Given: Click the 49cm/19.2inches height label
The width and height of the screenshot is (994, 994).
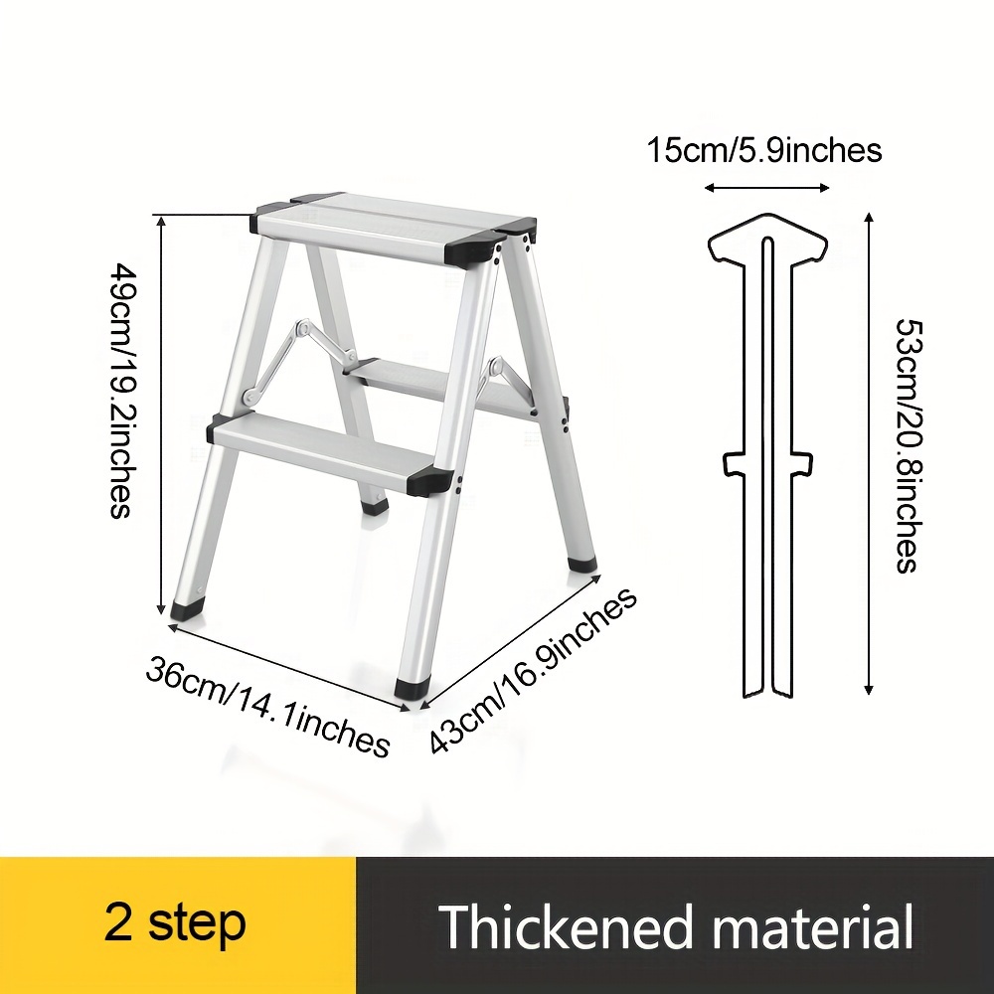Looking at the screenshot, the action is click(x=120, y=391).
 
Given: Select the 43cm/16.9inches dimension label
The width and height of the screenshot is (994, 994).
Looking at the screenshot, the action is click(x=533, y=671).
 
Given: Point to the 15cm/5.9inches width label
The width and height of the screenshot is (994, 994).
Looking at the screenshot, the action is click(x=763, y=151).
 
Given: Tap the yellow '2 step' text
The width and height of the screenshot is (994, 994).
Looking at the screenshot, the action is click(x=175, y=923).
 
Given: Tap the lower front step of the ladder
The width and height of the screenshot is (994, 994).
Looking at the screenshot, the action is click(x=323, y=450).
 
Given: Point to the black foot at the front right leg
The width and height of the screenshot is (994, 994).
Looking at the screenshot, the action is click(x=413, y=689).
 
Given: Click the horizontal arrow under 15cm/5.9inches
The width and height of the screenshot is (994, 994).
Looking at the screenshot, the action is click(x=767, y=187).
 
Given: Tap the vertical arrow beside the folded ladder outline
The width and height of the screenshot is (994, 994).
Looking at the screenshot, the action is click(x=870, y=454).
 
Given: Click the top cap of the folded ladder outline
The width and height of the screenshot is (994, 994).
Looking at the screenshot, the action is click(x=767, y=238).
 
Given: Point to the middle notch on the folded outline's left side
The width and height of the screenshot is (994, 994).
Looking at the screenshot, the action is click(x=733, y=463).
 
